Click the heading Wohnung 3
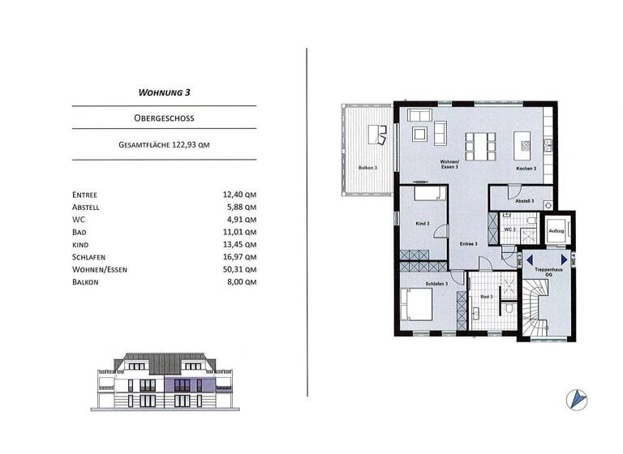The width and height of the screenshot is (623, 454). (x=164, y=92)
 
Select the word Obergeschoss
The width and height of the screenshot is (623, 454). (x=164, y=118)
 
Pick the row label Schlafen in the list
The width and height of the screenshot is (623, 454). (x=91, y=256)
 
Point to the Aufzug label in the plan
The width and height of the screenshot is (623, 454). (x=556, y=230)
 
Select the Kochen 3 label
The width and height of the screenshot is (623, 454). (x=527, y=169)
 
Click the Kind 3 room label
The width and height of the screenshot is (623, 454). (x=422, y=223)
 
